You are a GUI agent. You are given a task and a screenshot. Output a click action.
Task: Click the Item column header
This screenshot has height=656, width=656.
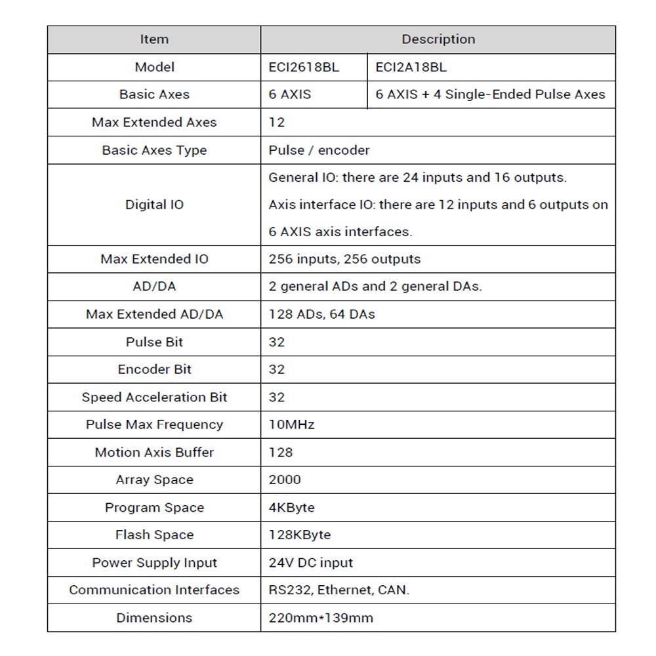154,39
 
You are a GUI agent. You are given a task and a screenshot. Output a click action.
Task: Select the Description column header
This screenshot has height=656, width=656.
438,39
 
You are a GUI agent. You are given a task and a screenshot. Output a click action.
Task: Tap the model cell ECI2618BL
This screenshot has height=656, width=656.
304,67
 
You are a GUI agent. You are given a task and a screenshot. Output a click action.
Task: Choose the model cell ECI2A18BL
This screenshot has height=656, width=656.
411,67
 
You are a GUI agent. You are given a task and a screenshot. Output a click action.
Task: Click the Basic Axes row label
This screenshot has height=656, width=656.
154,94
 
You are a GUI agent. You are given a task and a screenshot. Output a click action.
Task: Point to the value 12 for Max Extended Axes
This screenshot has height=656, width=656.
277,122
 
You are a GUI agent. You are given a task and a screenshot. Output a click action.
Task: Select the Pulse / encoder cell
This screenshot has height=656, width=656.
319,150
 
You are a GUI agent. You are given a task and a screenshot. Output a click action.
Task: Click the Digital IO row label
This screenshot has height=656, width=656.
154,205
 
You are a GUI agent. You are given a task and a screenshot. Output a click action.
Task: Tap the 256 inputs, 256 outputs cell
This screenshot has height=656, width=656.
344,259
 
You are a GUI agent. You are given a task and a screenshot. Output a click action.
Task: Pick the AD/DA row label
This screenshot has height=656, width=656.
154,287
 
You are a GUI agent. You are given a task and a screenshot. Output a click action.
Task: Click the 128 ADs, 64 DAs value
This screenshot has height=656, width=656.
321,314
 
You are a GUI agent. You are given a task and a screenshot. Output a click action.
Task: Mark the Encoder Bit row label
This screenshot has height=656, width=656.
154,369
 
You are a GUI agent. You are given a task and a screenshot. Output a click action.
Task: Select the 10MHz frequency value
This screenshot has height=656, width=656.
291,424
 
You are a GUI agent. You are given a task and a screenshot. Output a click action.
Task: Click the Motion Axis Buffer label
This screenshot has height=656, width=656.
154,452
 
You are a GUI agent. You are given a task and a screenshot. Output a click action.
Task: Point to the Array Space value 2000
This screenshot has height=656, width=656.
285,480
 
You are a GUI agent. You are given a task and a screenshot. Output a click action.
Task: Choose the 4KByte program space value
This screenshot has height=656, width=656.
291,507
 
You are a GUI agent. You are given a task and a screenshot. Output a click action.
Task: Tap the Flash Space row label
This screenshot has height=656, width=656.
154,535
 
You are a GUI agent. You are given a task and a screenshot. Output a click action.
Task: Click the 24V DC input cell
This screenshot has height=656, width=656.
310,563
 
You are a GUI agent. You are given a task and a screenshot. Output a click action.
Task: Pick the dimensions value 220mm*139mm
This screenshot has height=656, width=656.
321,617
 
